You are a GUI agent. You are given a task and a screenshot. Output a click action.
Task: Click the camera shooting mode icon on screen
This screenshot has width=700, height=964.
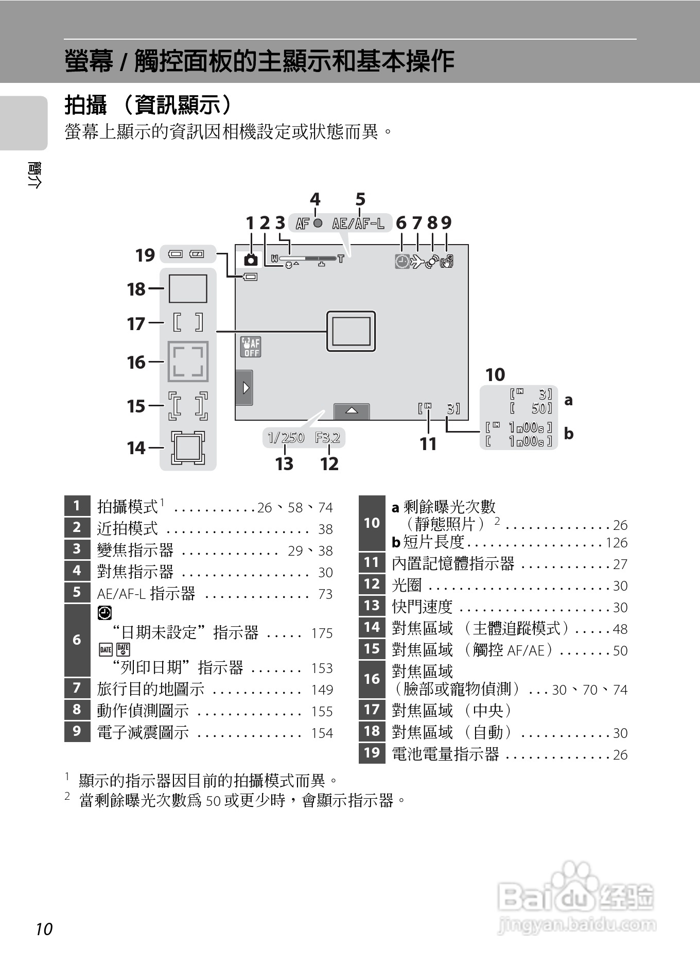pyautogui.click(x=251, y=260)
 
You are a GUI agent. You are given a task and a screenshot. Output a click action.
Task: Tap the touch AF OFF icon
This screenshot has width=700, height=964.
pyautogui.click(x=251, y=347)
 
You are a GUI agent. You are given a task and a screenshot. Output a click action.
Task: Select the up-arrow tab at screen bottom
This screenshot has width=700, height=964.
pyautogui.click(x=352, y=411)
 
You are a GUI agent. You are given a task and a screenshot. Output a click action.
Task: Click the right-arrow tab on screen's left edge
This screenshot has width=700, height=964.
pyautogui.click(x=244, y=387)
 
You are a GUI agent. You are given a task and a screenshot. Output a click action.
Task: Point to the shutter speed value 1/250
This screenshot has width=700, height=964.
pyautogui.click(x=286, y=438)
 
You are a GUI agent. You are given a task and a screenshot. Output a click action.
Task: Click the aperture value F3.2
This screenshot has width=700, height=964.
pyautogui.click(x=328, y=438)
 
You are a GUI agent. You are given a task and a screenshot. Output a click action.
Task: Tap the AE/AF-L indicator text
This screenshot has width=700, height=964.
pyautogui.click(x=358, y=223)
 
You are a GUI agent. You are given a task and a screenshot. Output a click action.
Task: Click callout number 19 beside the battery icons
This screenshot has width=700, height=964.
pyautogui.click(x=145, y=255)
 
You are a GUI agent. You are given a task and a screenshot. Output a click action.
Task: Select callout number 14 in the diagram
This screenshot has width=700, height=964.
pyautogui.click(x=136, y=448)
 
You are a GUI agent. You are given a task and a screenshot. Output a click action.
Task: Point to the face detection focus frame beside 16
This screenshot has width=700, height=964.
pyautogui.click(x=188, y=361)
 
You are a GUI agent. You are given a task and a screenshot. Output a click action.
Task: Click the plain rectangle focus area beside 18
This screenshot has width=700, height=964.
pyautogui.click(x=188, y=288)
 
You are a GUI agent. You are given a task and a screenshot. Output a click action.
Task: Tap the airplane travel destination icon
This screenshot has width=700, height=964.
pyautogui.click(x=416, y=262)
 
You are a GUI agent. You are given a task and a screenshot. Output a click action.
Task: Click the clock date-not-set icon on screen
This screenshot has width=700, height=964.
pyautogui.click(x=402, y=262)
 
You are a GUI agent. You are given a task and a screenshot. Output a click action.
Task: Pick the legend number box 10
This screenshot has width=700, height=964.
pyautogui.click(x=372, y=523)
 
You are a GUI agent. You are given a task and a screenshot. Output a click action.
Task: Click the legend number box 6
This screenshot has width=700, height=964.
pyautogui.click(x=77, y=640)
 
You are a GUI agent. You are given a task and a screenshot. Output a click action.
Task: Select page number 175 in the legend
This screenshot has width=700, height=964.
pyautogui.click(x=322, y=633)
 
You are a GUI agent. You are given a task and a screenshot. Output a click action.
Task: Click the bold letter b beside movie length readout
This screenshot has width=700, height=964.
pyautogui.click(x=568, y=434)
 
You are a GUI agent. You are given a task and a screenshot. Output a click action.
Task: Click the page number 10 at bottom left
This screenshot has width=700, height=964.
pyautogui.click(x=44, y=929)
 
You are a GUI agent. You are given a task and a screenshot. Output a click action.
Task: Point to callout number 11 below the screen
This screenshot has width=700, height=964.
pyautogui.click(x=428, y=444)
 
